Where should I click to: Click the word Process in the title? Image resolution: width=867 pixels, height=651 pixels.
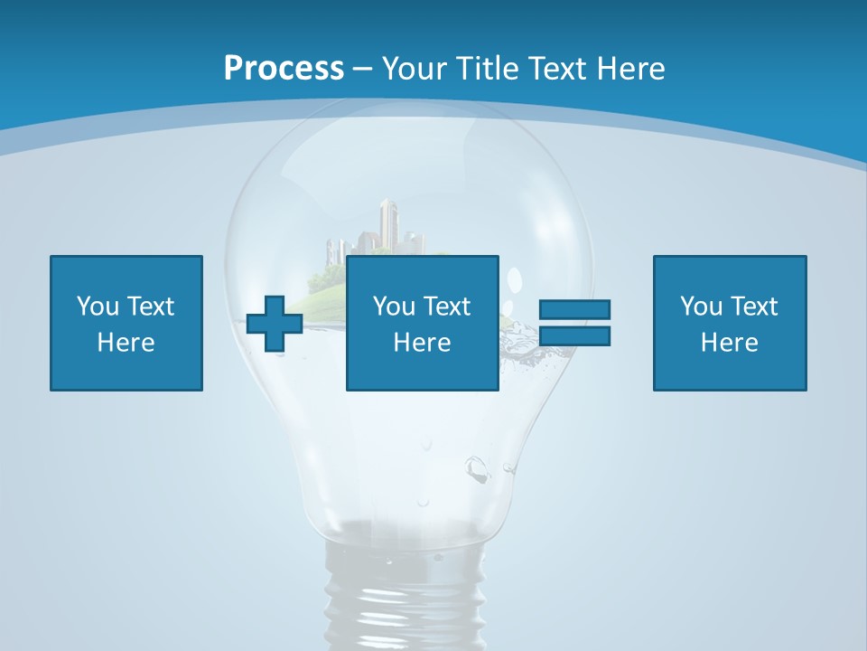pos(284,68)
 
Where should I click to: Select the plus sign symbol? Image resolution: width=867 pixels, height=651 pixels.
pos(275,323)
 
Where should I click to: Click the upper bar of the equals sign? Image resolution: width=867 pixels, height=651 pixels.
pos(574,310)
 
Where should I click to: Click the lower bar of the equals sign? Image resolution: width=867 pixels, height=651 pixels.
pos(574,335)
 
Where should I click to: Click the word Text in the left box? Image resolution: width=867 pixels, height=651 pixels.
pos(151,307)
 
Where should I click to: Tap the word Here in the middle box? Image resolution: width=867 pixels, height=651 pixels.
pos(422,343)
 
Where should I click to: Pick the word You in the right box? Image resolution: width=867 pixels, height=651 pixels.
pos(701,307)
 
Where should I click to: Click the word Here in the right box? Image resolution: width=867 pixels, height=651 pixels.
pos(729,343)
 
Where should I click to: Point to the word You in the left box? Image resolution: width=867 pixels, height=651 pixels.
pos(98,307)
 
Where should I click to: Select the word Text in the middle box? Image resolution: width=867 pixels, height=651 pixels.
pos(447,307)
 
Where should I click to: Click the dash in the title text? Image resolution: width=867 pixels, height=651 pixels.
pos(363,68)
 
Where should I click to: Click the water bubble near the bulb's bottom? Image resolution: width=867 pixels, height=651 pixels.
pos(475,467)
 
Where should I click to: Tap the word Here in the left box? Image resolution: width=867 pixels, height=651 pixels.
pos(126,343)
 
